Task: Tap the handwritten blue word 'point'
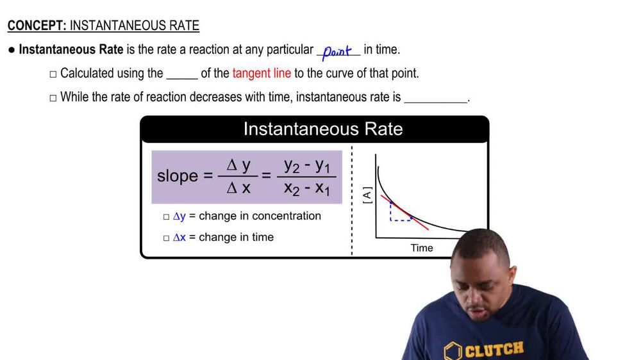pos(338,51)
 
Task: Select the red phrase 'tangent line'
pos(262,73)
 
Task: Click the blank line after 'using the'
pos(182,74)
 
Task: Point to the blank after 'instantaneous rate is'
pos(437,99)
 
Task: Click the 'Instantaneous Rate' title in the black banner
pos(323,129)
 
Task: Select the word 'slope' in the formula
pos(178,176)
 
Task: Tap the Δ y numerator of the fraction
pos(238,165)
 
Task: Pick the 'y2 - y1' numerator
pos(306,165)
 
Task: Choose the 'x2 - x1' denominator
pos(306,190)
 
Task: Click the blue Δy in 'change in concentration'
pos(179,217)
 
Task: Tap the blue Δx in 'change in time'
pos(179,238)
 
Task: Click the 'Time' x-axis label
pos(422,248)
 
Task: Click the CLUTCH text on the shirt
pos(494,350)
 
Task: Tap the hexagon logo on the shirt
pos(453,352)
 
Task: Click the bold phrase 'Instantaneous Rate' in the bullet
pos(71,49)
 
